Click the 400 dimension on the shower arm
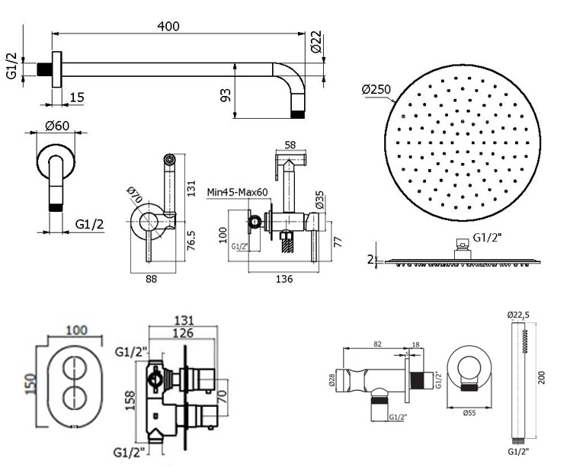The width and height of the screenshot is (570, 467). click(168, 26)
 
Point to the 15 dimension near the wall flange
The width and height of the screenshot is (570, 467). click(77, 97)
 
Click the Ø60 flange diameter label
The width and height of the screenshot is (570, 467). click(57, 125)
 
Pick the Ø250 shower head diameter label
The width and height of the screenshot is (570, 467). click(376, 90)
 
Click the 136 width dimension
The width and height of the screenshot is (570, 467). click(283, 280)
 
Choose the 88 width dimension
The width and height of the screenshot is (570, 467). click(151, 280)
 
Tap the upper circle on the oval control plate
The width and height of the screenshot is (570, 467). click(76, 363)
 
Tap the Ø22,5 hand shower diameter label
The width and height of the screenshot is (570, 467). click(518, 314)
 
